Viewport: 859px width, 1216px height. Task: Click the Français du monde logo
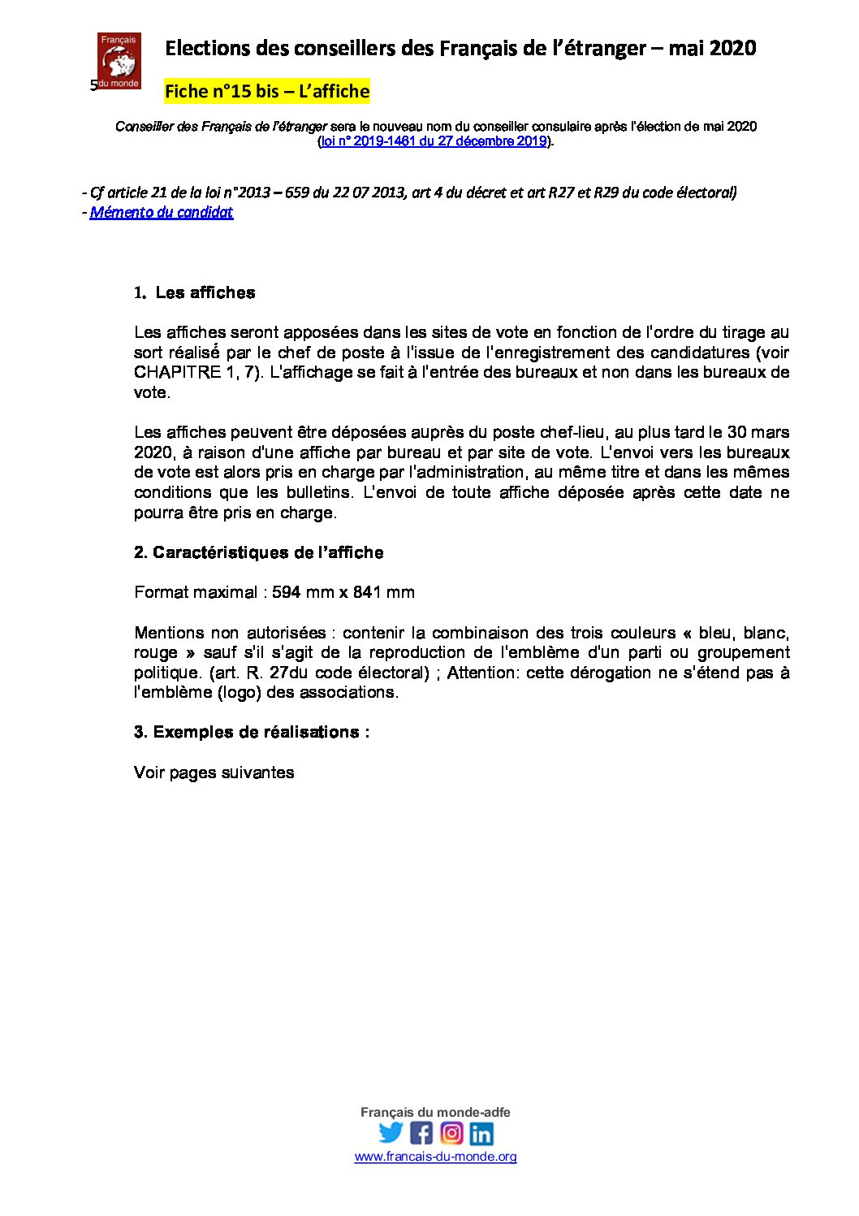119,60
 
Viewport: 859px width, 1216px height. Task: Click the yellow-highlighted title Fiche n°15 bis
266,91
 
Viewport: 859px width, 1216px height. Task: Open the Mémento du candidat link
162,212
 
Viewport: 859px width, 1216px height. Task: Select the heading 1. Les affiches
195,292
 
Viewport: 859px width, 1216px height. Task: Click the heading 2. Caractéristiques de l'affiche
258,552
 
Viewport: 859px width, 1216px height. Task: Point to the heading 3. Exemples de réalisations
252,732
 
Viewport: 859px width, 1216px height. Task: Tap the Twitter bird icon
391,1132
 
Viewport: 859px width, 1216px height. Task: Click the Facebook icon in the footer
421,1132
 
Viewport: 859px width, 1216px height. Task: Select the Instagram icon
451,1132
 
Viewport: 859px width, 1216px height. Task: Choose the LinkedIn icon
481,1132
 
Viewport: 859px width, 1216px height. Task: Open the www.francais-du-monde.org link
435,1157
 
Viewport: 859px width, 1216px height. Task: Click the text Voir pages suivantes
214,772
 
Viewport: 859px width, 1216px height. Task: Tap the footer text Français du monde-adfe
435,1112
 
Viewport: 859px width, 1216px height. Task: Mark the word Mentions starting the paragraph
169,633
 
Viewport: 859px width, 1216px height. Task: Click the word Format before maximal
162,592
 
